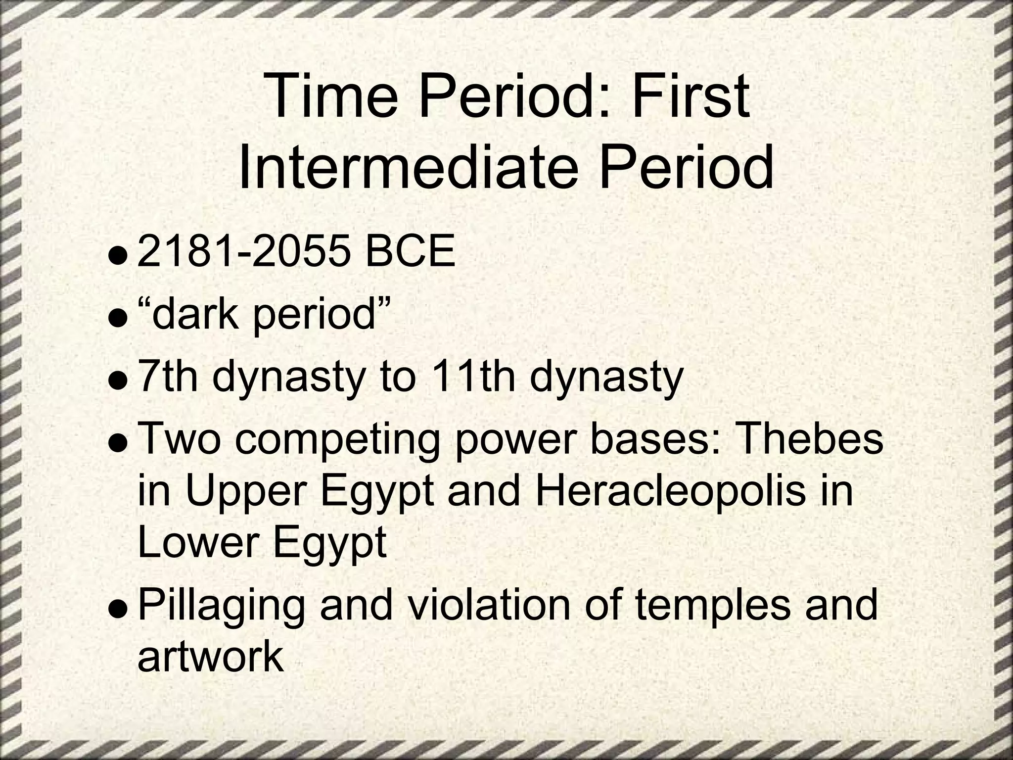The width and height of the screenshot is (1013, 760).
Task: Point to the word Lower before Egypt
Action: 195,543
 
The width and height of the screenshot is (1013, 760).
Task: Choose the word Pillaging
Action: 221,607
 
